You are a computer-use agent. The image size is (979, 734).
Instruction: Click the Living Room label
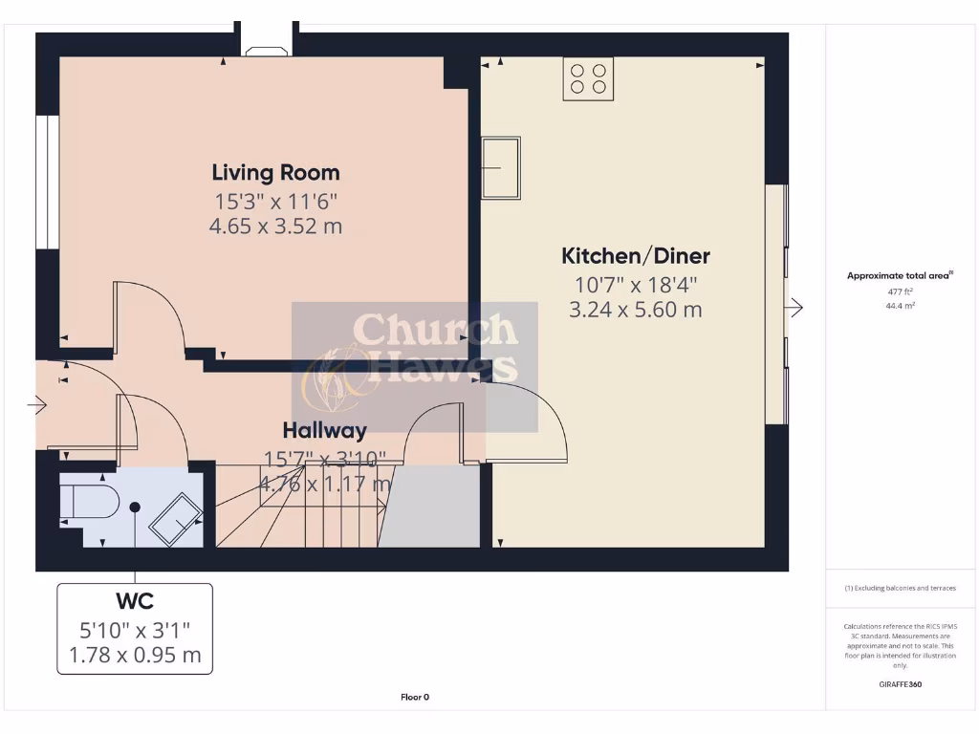[x=275, y=173]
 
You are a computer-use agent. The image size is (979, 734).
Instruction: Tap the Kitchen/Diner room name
[x=635, y=256]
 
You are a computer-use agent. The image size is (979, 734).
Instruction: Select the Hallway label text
[x=324, y=431]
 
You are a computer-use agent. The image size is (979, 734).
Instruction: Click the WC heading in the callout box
[x=135, y=602]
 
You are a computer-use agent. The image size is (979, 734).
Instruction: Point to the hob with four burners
[x=588, y=78]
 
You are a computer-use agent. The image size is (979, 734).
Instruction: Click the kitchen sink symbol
[x=501, y=167]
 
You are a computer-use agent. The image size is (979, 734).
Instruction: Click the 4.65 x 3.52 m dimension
[x=275, y=227]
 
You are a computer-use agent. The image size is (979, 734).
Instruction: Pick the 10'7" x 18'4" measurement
[x=635, y=285]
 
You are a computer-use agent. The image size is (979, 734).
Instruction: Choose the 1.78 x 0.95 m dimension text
[x=135, y=656]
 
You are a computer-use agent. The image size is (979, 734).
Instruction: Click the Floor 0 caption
[x=414, y=697]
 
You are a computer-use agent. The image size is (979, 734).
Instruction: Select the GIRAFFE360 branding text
[x=900, y=684]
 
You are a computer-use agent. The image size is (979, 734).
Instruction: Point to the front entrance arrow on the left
[x=38, y=405]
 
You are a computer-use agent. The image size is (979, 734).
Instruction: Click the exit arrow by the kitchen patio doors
[x=795, y=307]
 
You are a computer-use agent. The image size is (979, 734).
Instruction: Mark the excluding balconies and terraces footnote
[x=900, y=588]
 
